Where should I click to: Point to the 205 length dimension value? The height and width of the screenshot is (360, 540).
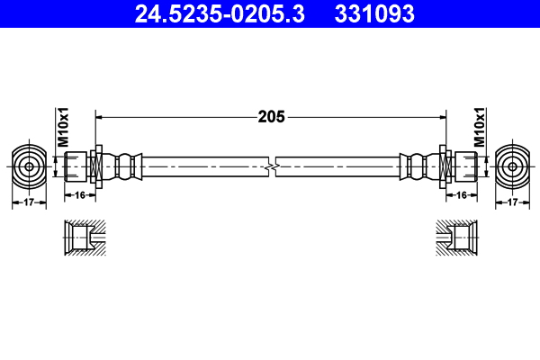pos(272,116)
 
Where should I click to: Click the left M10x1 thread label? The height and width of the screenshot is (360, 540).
pos(64,129)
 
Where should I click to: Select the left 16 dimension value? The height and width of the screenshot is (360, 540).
pos(79,193)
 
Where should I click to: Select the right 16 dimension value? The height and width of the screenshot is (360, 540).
pos(461,193)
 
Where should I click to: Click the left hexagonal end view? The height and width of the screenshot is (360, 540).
pos(30,166)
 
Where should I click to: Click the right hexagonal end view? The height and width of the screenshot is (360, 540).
pos(512,166)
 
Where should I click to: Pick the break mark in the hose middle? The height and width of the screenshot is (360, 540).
pos(272,166)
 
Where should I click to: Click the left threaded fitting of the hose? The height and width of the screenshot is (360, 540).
pos(78,166)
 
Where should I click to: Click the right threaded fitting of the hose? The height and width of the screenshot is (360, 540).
pos(463,166)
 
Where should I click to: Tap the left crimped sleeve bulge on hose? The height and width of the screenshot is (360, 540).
pos(126,166)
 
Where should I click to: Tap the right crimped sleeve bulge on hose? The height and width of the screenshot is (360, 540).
pos(416,166)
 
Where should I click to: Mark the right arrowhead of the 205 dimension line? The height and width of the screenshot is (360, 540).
pos(442,116)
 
